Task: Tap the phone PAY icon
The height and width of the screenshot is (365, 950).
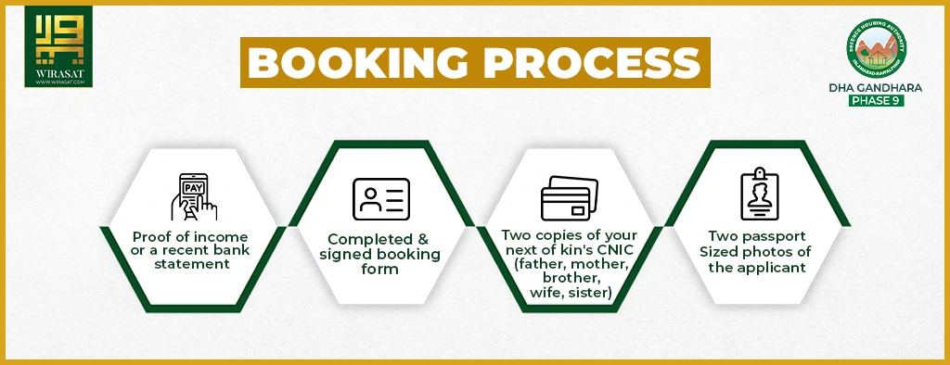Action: tap(193, 195)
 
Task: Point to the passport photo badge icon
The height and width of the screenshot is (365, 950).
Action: tap(758, 195)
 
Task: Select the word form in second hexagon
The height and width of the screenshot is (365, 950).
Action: tap(380, 270)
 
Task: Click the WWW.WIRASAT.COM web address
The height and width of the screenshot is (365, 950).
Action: tap(58, 82)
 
